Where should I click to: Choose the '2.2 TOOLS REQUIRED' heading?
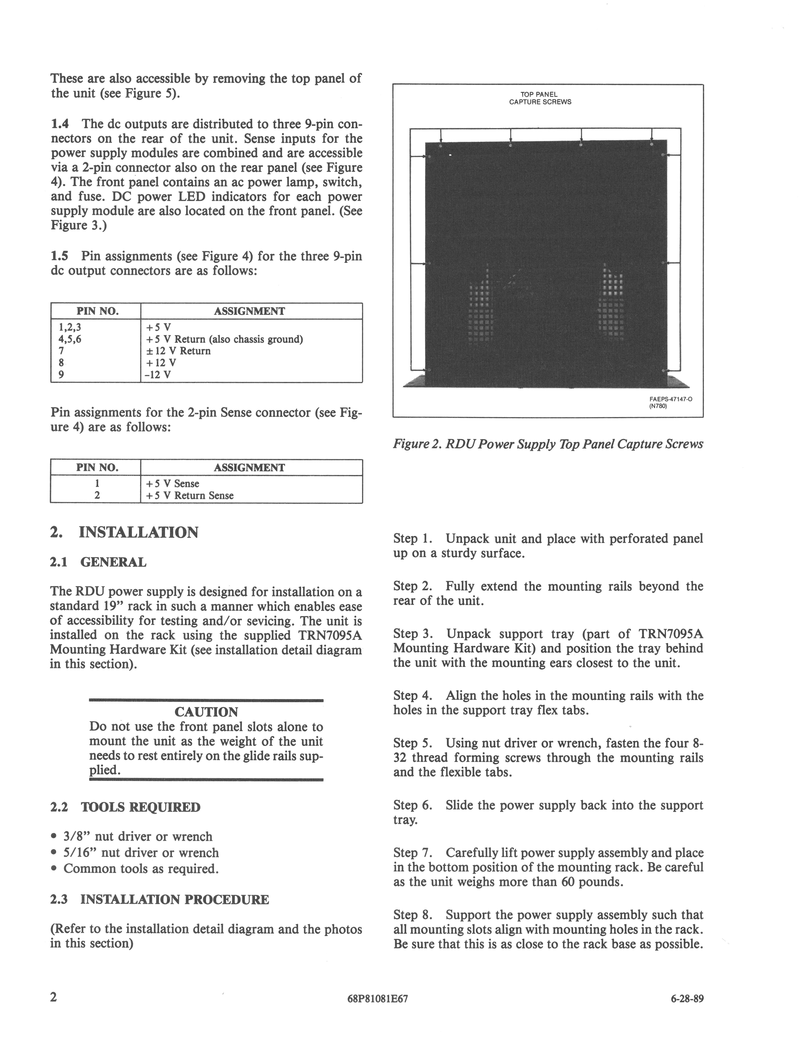click(125, 808)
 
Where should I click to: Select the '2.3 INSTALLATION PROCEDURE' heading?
click(160, 900)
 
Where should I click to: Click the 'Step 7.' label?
click(413, 853)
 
